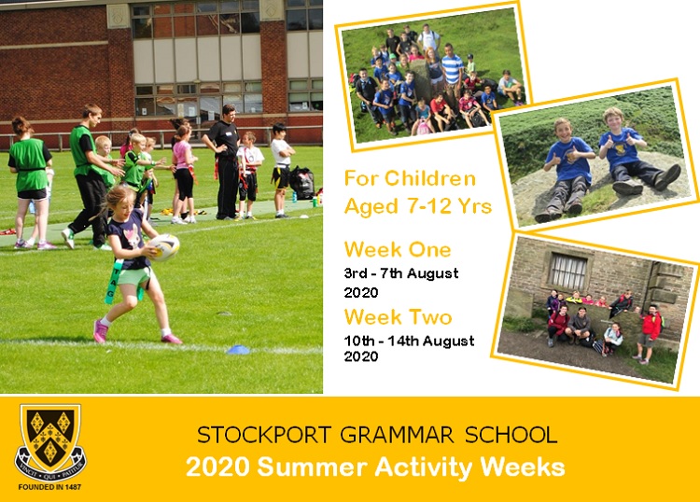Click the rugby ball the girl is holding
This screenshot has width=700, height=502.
[164, 247]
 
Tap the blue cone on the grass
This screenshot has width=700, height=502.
[238, 350]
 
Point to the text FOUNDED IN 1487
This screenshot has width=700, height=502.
[50, 487]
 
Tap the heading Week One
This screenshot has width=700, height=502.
[398, 250]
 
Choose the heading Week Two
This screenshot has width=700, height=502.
[398, 317]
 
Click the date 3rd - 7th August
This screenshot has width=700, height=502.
[401, 273]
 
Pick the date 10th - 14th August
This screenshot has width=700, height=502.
[409, 342]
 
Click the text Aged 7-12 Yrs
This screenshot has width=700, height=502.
[418, 206]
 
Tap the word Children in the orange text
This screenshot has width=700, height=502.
[430, 178]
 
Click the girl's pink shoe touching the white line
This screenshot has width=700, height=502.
[172, 339]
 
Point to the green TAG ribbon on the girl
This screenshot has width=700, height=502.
[113, 282]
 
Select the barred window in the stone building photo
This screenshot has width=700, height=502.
[567, 271]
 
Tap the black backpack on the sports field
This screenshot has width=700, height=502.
[302, 183]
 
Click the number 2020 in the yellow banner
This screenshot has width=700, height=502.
[217, 467]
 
